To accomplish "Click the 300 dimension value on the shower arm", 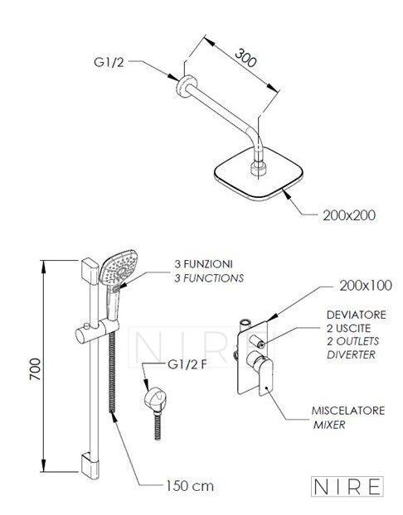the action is (x=245, y=58).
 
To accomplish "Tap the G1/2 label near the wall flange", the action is (x=109, y=62).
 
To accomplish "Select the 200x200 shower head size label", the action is (x=349, y=215).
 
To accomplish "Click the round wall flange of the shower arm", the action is (x=186, y=86).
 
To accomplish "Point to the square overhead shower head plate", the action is (x=259, y=174).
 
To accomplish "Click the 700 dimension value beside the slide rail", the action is (x=36, y=369).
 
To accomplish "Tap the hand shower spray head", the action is (x=119, y=267).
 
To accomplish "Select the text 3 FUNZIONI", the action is (x=204, y=264).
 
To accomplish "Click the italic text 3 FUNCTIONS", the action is (x=209, y=278).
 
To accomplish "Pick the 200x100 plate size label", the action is (x=366, y=286).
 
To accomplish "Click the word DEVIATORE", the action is (x=357, y=315).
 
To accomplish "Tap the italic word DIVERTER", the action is (x=351, y=354).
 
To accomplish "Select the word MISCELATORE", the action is (x=348, y=411).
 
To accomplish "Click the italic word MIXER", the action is (x=329, y=425).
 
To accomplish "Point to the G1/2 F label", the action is (x=187, y=364).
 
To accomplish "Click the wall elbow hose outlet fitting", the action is (x=155, y=399).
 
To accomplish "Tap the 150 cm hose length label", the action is (x=190, y=486).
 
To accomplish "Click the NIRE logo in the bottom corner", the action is (x=347, y=486).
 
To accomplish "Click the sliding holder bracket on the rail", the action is (x=97, y=330).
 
